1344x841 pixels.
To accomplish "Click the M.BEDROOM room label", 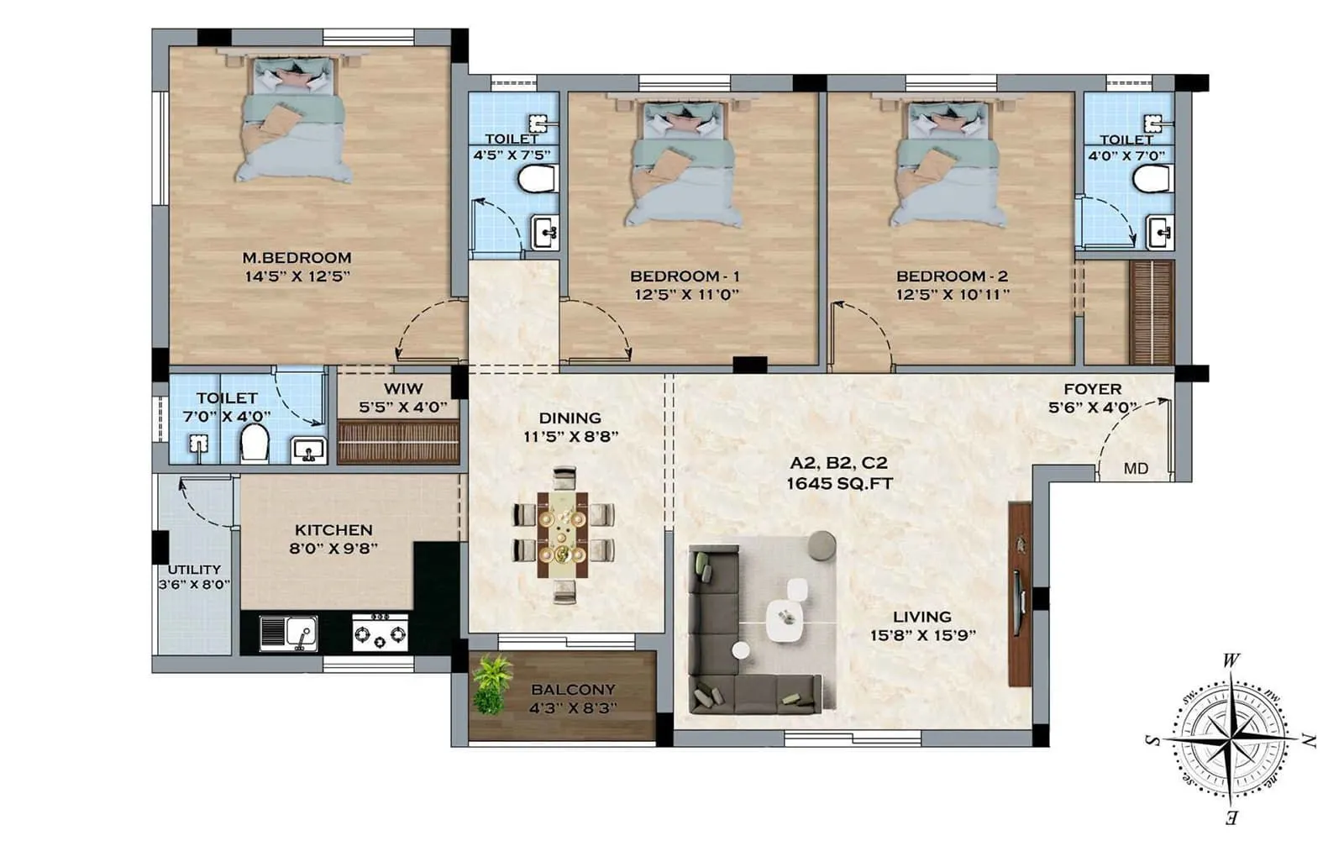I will click(297, 258).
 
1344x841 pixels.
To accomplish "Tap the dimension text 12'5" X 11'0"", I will click(686, 294).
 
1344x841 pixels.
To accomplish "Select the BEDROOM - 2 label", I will click(952, 276).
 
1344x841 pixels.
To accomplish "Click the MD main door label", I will click(1136, 469).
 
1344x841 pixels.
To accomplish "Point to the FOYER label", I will click(1092, 389).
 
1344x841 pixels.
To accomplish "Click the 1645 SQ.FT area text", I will click(839, 484).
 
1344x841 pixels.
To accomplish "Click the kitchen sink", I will click(288, 633).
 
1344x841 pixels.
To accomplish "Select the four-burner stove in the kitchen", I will click(380, 632).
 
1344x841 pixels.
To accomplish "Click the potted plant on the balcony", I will click(491, 684).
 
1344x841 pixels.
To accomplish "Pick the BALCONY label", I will click(573, 689).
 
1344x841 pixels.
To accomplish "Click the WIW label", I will click(403, 389).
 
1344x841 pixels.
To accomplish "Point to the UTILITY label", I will click(194, 569).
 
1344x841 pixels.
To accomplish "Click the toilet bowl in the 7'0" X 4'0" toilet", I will click(255, 443).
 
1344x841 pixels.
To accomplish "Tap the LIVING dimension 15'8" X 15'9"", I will click(922, 635).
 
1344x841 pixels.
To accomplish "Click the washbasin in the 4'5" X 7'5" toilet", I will click(544, 232).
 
